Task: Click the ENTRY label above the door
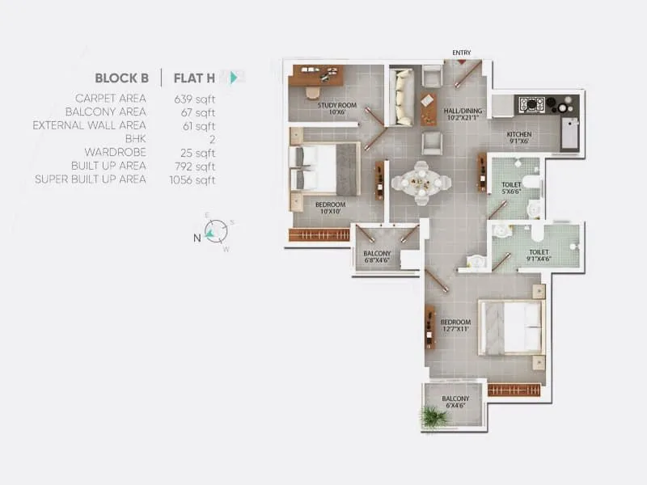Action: [462, 53]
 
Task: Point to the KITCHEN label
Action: [518, 137]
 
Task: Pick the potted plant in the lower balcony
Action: [433, 417]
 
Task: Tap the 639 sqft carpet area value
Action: [194, 99]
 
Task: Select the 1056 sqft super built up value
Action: [194, 179]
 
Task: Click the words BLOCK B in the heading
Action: [121, 78]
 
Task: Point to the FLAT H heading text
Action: [196, 78]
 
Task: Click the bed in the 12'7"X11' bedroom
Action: [509, 327]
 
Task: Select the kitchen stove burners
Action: [530, 104]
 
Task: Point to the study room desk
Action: [316, 75]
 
